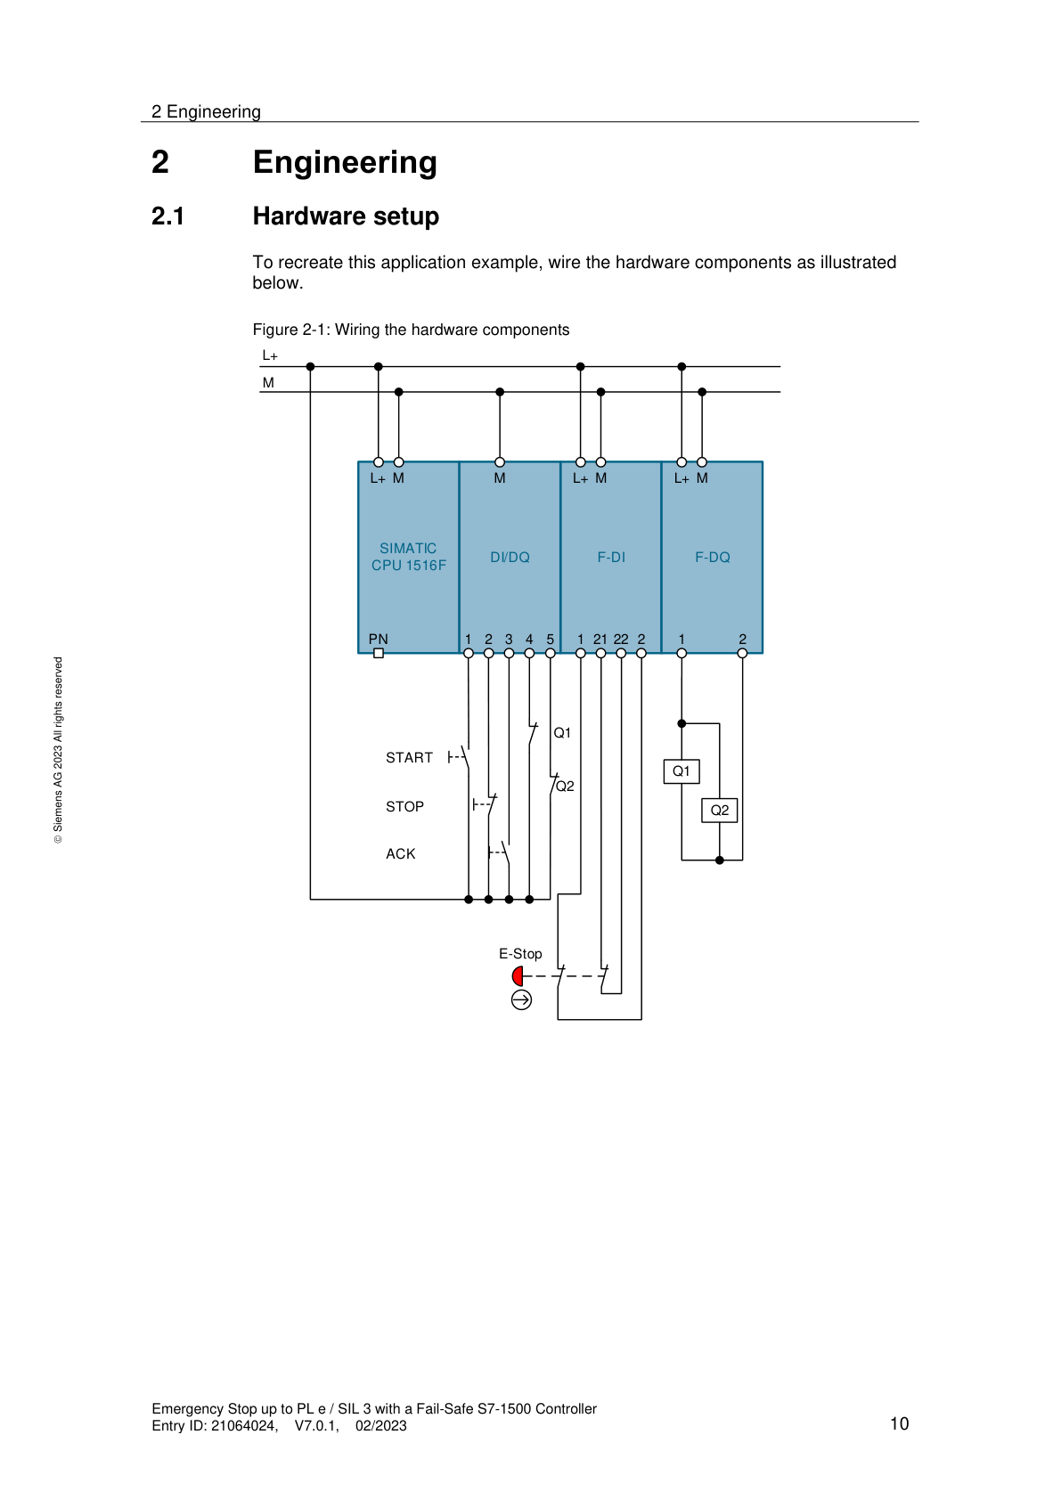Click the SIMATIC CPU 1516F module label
click(408, 557)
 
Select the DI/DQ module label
click(510, 558)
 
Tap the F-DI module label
click(611, 558)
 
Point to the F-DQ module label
click(712, 558)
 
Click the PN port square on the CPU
click(379, 653)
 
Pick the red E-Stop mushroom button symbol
click(518, 976)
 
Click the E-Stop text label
click(520, 954)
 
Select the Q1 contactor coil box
click(681, 771)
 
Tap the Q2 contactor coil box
click(720, 811)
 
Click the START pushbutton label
click(409, 758)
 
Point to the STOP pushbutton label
click(404, 807)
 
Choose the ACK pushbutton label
click(401, 854)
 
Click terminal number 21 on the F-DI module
click(600, 640)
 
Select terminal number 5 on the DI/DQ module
click(551, 640)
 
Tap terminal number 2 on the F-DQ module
click(742, 640)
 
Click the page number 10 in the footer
click(899, 1423)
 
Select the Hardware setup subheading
click(346, 216)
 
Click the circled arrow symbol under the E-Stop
click(521, 1000)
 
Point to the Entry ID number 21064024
click(243, 1426)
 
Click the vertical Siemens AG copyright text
click(59, 750)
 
